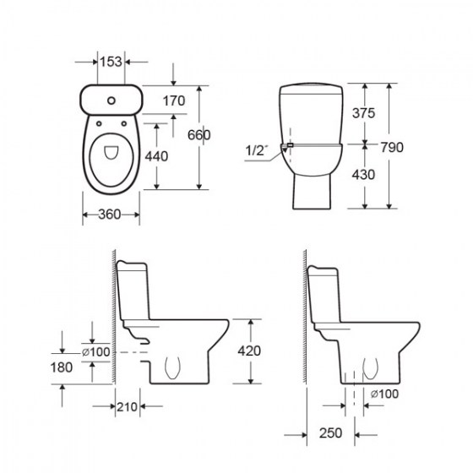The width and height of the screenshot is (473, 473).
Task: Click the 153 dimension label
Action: pos(111,62)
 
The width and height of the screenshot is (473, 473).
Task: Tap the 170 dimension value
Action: pos(174,101)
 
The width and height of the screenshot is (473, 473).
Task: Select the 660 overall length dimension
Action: pos(198,135)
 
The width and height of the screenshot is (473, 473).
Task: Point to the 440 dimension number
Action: pos(156,156)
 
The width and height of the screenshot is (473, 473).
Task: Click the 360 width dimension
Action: pos(110,215)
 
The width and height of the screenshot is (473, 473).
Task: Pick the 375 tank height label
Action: pos(364,113)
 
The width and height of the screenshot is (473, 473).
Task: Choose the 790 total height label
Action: pos(392,148)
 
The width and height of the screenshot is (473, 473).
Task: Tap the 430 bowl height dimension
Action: pos(363,175)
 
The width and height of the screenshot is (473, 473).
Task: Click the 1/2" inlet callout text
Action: pos(257,150)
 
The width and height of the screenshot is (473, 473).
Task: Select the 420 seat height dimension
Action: pos(249,351)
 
